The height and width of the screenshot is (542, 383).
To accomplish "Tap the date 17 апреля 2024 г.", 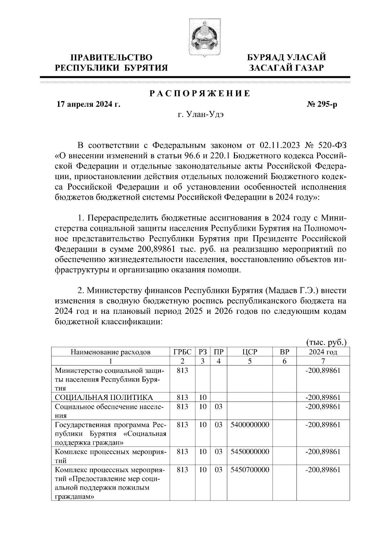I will point(88,104).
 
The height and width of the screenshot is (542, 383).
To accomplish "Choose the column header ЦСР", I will point(249,352).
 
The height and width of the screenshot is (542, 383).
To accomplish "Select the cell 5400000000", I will point(249,425).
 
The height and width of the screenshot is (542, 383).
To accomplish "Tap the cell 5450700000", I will point(249,470).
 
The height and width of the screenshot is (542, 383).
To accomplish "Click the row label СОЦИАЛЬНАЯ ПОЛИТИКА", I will point(104,398).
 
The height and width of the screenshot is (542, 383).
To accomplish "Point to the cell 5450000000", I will point(249,452).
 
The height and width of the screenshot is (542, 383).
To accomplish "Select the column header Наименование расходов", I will point(110,352).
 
